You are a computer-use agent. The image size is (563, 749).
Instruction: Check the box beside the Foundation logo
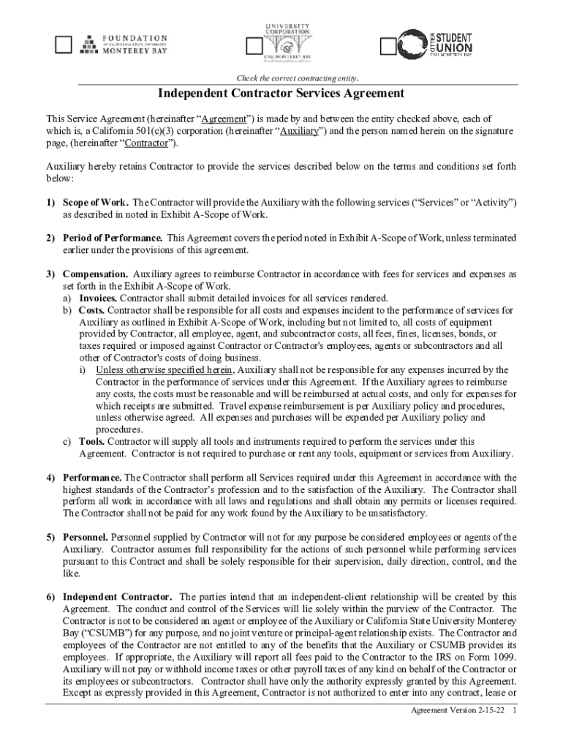64,45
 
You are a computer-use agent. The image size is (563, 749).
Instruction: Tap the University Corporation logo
287,40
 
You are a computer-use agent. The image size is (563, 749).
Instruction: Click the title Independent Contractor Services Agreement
281,94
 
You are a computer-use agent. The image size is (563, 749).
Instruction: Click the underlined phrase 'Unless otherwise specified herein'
164,370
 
